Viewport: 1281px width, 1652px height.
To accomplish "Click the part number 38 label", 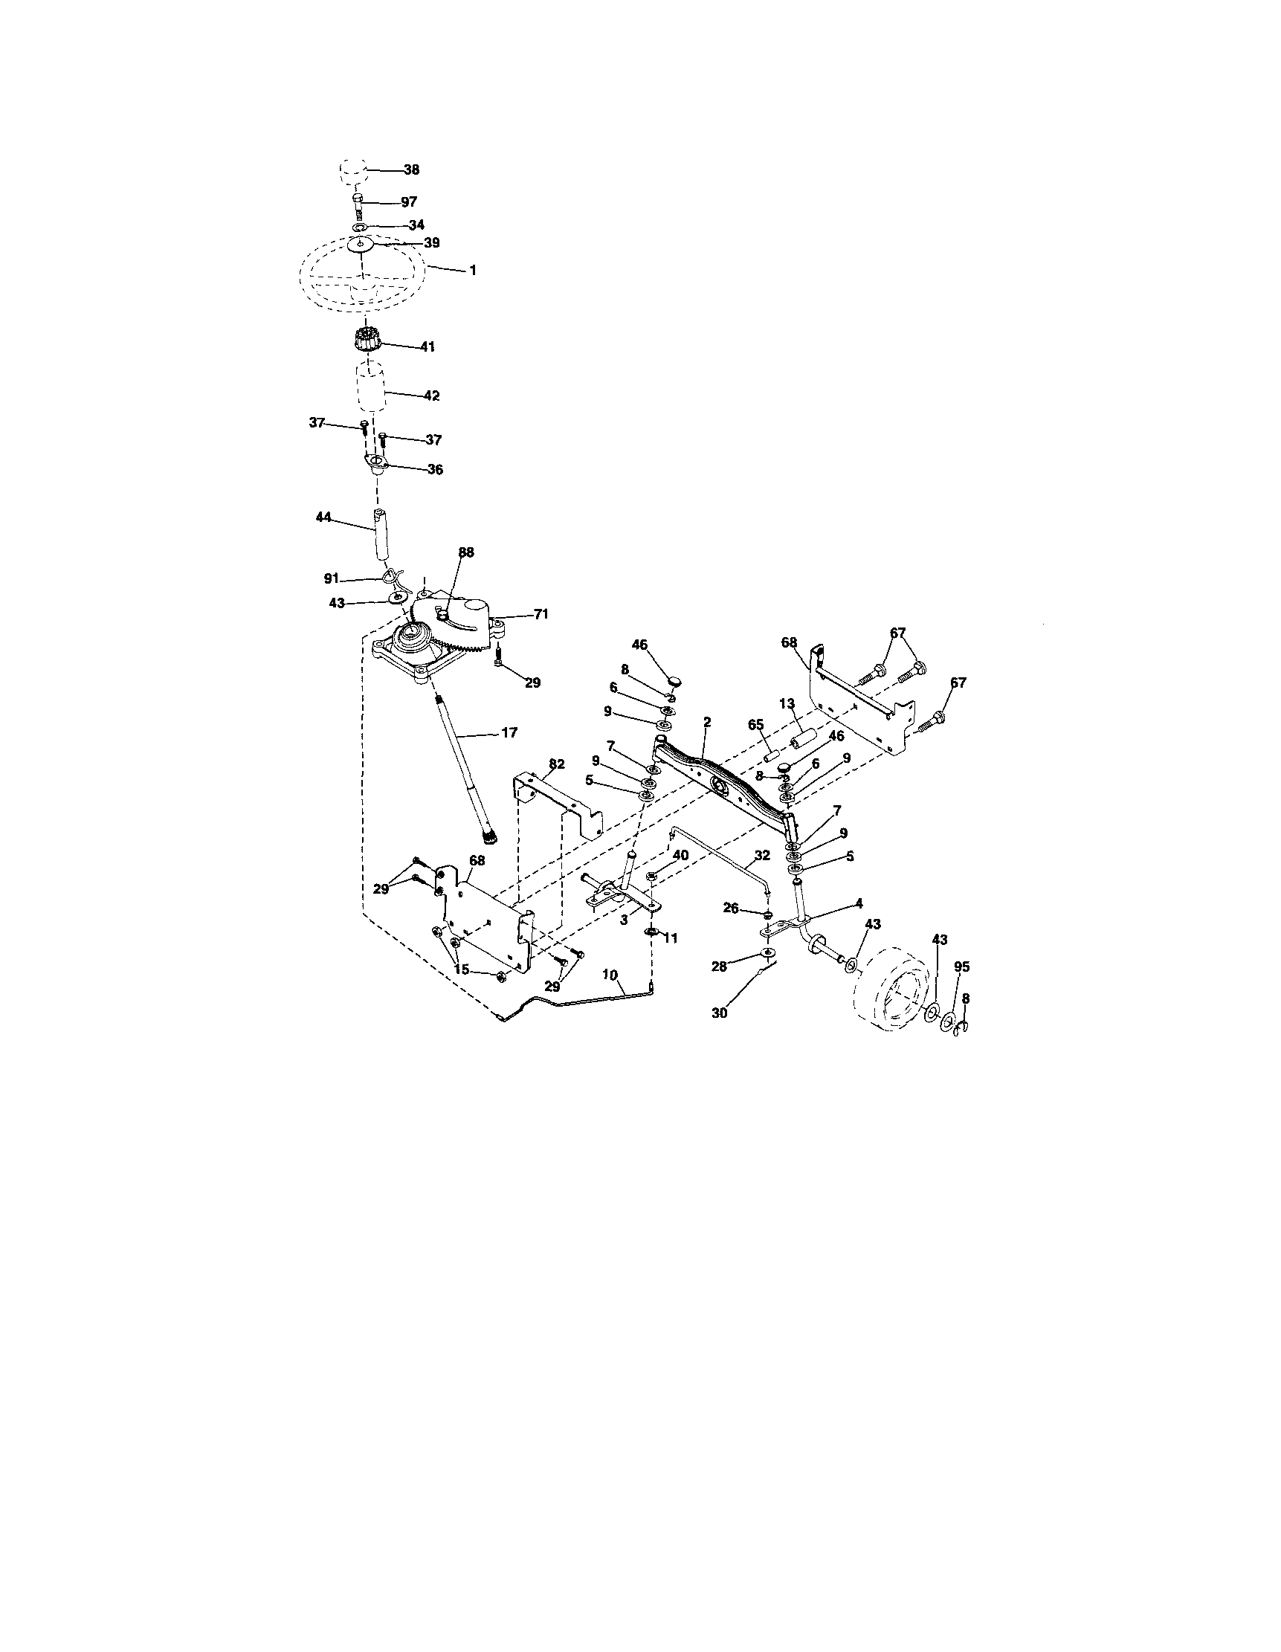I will (x=411, y=171).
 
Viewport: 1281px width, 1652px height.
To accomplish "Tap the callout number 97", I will (x=409, y=203).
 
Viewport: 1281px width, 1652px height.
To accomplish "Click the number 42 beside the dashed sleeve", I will (x=431, y=396).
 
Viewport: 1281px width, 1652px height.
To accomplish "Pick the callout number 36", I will (x=434, y=470).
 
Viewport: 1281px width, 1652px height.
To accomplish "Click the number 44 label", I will (x=323, y=517).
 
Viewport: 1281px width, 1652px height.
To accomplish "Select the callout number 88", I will (x=467, y=553).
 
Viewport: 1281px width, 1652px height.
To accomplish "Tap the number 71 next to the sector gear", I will (x=541, y=614).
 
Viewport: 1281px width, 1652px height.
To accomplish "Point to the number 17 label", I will (x=510, y=732).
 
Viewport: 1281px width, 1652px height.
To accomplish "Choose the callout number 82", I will (x=557, y=765).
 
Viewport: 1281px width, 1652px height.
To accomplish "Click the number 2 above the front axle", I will (x=706, y=723).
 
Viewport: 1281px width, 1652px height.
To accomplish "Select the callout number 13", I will (x=787, y=703).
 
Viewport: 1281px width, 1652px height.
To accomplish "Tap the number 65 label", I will (x=756, y=724).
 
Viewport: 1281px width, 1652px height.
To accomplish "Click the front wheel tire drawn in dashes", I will (x=892, y=992).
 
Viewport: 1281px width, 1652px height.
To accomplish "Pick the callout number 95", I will (x=962, y=967).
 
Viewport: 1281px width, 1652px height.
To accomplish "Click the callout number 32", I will (x=762, y=856).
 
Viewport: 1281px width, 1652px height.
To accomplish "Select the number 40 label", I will (x=680, y=855).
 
